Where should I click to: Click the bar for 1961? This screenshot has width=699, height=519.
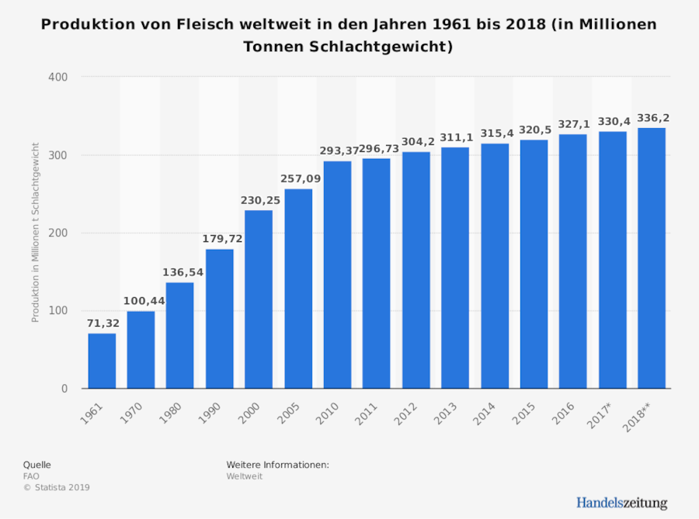102,361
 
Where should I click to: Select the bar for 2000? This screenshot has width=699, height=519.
259,299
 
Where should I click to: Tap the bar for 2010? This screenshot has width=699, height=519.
337,275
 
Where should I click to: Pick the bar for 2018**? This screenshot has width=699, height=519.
652,258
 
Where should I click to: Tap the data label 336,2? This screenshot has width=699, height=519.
652,118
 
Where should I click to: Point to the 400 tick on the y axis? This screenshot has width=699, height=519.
59,77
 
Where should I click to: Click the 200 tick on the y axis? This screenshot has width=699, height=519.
59,233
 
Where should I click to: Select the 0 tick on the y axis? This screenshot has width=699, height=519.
64,389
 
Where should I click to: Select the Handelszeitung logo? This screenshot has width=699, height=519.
621,503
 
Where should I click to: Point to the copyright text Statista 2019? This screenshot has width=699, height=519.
57,487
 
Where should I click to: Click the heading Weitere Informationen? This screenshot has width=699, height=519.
277,464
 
